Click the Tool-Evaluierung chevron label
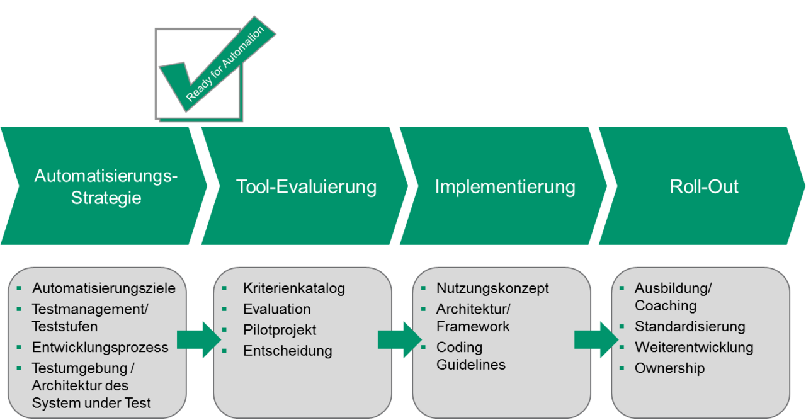(306, 187)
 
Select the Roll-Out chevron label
(704, 187)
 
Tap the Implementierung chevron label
(505, 187)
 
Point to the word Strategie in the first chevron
(106, 198)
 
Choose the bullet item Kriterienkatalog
(294, 288)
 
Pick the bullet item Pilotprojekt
(280, 330)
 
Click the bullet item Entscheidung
(287, 351)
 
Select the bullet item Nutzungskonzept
(492, 288)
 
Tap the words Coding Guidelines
(470, 356)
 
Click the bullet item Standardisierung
(690, 326)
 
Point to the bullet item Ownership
(669, 368)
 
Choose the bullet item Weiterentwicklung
(693, 347)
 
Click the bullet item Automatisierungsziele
(104, 288)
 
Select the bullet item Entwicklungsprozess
(100, 347)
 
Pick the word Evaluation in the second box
(276, 309)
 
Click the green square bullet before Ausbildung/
(622, 288)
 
